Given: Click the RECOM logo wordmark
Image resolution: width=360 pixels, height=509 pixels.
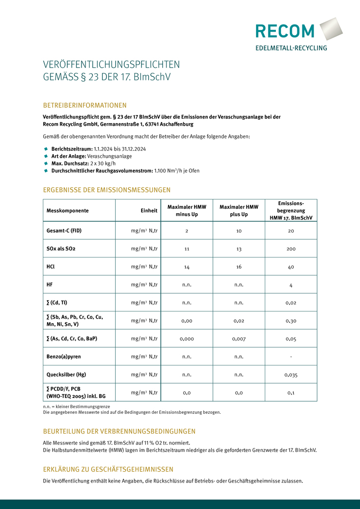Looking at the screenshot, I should [285, 31].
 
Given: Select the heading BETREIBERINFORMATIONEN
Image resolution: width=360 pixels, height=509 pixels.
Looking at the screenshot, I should [85, 105].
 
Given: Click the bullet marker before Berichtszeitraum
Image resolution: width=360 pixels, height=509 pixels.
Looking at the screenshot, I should [46, 148].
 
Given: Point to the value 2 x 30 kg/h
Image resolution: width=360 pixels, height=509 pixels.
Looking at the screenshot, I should [103, 163].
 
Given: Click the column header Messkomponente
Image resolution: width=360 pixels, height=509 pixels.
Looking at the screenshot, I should [68, 210].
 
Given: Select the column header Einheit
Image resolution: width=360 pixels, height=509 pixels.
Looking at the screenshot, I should [149, 210].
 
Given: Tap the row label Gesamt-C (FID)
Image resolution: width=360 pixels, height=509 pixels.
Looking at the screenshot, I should [64, 231].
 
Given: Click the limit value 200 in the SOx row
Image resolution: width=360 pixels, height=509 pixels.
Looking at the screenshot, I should [291, 249].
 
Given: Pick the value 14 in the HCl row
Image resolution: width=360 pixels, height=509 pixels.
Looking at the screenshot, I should [187, 267].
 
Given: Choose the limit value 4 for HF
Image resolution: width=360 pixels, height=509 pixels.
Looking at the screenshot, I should [291, 285].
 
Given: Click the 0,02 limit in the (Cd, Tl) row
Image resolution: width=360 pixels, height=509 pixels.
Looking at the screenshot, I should [291, 303].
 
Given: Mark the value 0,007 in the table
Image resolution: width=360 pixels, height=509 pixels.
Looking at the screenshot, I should [239, 338].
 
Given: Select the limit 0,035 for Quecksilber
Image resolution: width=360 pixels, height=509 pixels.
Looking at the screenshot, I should [291, 375].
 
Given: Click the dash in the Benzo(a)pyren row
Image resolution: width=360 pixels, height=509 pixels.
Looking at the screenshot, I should [291, 356].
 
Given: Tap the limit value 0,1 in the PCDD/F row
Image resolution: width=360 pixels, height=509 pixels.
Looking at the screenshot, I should [291, 392].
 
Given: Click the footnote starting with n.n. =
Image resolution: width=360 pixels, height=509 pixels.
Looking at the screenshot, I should [76, 407].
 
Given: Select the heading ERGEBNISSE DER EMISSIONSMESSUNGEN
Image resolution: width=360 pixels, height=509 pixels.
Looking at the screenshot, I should [106, 190].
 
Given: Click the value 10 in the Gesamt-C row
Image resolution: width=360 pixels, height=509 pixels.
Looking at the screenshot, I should [239, 231].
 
